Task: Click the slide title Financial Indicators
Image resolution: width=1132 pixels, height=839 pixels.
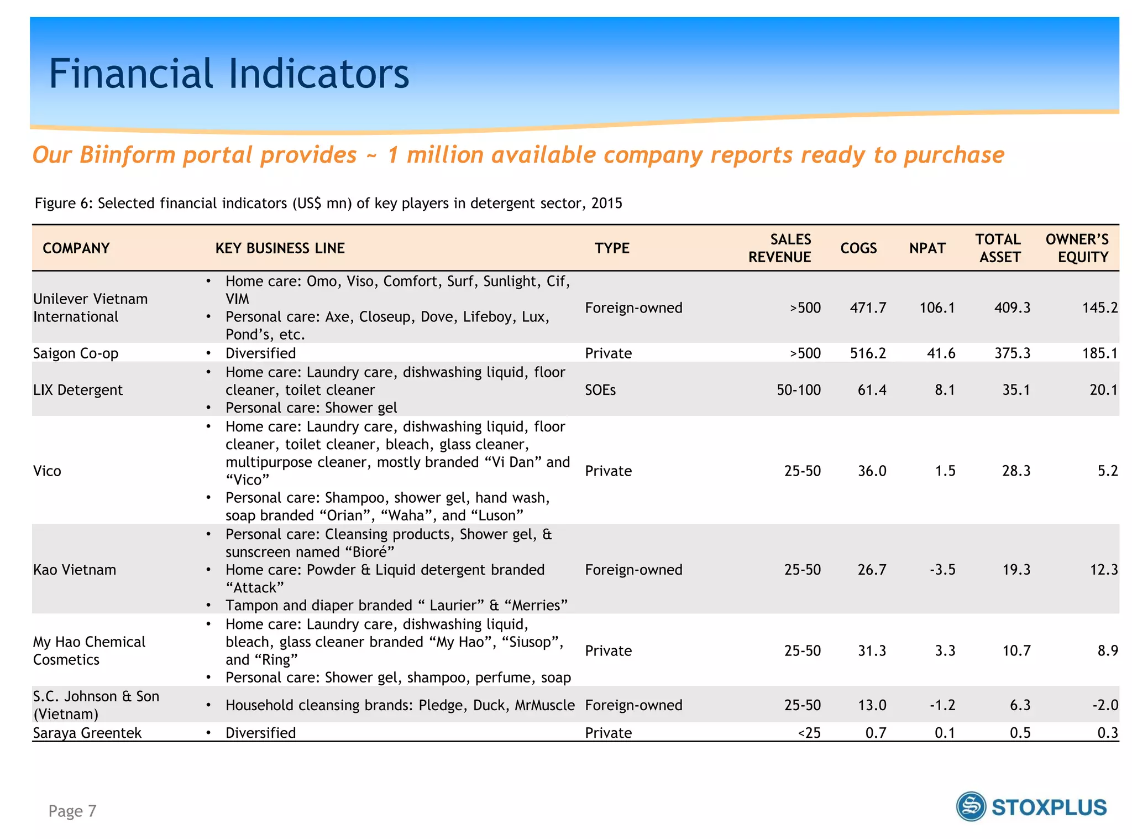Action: tap(229, 74)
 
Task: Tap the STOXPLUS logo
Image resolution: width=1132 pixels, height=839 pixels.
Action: tap(1031, 807)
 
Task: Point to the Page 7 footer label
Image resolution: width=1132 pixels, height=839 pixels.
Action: tap(72, 811)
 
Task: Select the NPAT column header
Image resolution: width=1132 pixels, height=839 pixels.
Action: tap(927, 248)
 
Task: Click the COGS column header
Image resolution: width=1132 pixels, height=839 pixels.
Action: tap(858, 248)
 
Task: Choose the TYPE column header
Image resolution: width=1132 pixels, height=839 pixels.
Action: tap(612, 248)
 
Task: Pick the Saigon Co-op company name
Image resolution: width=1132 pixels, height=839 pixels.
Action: tap(76, 353)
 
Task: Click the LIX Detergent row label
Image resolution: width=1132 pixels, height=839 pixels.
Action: tap(78, 390)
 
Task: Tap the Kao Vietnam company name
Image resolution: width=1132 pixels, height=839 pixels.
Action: tap(75, 570)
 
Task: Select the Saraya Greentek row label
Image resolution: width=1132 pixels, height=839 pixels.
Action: tap(87, 733)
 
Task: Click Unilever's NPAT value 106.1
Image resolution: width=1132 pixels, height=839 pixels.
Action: tap(937, 308)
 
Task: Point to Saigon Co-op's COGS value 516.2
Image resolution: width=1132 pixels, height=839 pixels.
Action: tap(868, 353)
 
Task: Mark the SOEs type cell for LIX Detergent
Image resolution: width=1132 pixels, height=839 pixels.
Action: tap(600, 390)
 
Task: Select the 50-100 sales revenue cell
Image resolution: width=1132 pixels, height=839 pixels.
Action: tap(798, 390)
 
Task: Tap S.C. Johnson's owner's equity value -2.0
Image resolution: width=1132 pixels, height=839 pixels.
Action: tap(1105, 705)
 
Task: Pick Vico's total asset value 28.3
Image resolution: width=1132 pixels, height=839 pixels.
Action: tap(1016, 471)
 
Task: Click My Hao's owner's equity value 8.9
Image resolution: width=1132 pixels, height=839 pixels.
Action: tap(1107, 651)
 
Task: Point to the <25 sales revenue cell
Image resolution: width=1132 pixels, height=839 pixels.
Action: tap(809, 733)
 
